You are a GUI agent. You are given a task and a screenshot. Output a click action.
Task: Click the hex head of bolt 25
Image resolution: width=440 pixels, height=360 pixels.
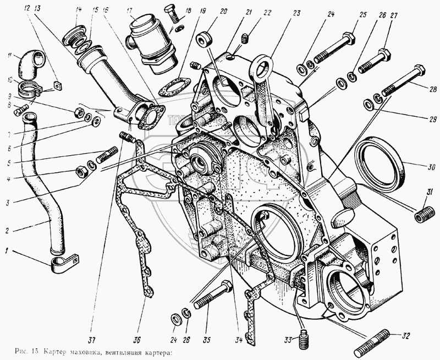[x=349, y=40]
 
